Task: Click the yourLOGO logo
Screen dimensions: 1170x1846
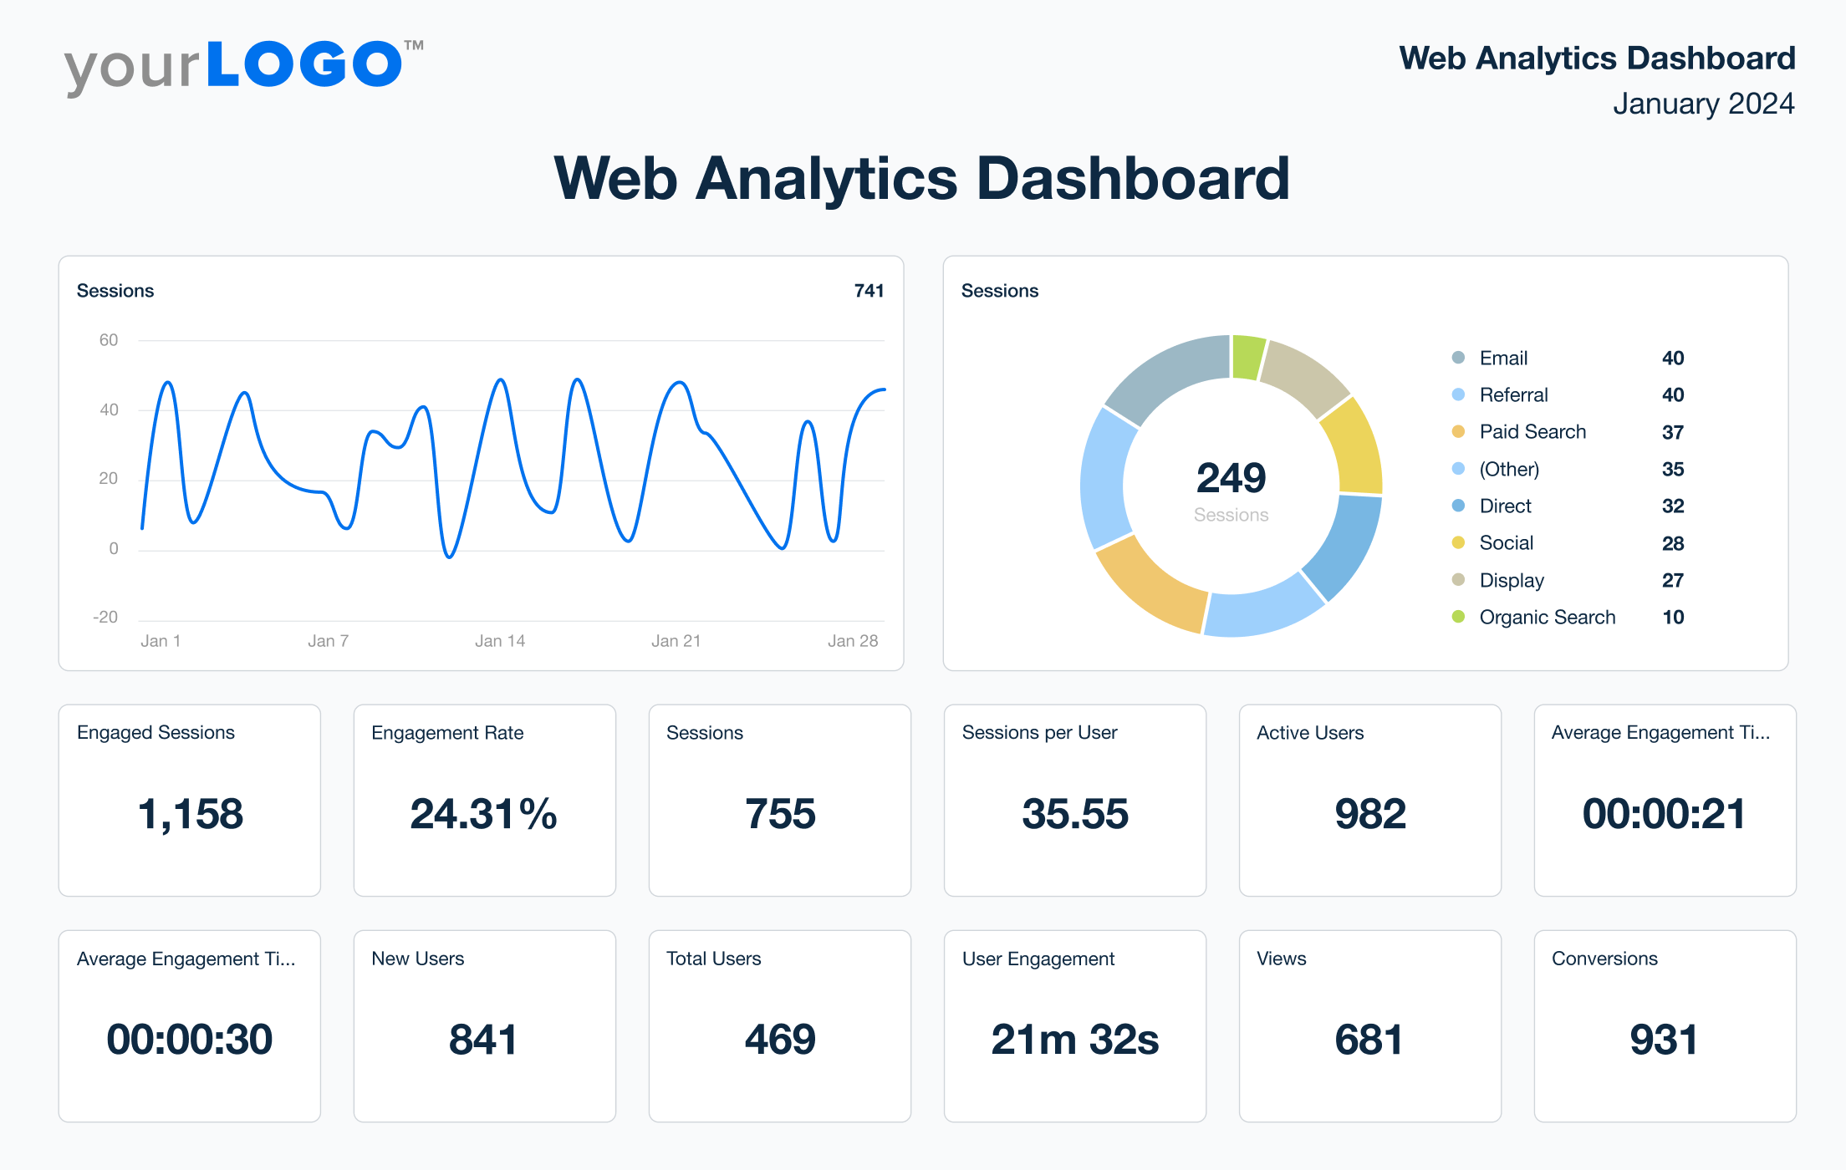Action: click(x=242, y=67)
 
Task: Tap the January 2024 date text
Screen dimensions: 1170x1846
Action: click(x=1703, y=104)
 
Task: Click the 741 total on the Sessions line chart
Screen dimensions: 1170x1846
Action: click(x=869, y=291)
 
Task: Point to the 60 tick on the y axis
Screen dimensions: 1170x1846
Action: click(x=109, y=340)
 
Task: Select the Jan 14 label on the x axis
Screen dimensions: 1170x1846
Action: click(x=500, y=641)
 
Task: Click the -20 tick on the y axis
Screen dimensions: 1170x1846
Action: click(x=105, y=618)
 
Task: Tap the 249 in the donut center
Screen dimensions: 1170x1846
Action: click(x=1231, y=478)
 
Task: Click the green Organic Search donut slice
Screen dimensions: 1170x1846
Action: click(x=1248, y=357)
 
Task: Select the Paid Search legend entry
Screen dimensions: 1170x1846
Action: click(x=1532, y=432)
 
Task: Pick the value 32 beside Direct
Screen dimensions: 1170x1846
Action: click(x=1672, y=506)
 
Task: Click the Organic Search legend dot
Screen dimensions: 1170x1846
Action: click(x=1458, y=617)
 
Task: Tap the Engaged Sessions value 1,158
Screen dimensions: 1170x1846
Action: click(x=190, y=814)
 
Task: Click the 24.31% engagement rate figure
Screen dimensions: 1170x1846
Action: click(x=483, y=814)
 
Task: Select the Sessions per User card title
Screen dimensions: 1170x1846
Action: click(x=1039, y=733)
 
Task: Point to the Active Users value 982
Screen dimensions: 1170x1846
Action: click(x=1369, y=814)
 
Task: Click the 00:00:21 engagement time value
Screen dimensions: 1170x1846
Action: click(x=1664, y=814)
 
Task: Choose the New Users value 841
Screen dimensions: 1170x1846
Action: click(x=483, y=1040)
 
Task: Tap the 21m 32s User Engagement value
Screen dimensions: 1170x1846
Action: click(x=1074, y=1040)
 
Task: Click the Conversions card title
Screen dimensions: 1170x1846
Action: click(x=1604, y=959)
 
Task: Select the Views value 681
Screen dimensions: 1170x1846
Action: click(x=1369, y=1040)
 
